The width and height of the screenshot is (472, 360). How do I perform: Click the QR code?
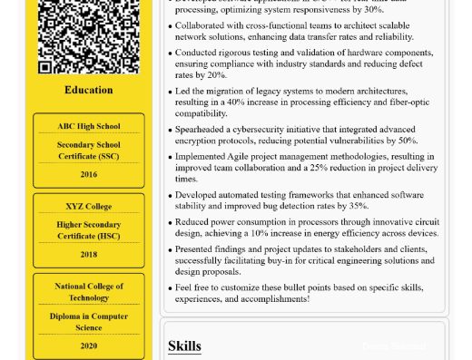(x=88, y=36)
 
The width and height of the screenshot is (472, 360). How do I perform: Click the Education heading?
(x=88, y=90)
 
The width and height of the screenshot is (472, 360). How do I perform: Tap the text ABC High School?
(x=88, y=126)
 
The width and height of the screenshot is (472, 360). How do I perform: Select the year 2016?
(x=88, y=174)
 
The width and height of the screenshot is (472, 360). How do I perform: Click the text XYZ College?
(x=88, y=206)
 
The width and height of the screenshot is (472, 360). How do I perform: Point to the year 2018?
(x=88, y=254)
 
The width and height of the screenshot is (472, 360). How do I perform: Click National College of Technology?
(x=88, y=291)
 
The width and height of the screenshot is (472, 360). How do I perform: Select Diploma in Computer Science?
(x=88, y=321)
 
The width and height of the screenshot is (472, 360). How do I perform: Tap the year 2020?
(x=88, y=345)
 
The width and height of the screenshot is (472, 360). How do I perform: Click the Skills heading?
(x=184, y=345)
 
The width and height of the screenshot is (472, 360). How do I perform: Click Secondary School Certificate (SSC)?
(x=88, y=150)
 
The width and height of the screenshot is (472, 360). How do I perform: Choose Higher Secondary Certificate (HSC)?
(x=88, y=230)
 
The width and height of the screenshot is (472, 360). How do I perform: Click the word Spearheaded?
(x=202, y=130)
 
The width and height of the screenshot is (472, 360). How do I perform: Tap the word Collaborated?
(x=202, y=26)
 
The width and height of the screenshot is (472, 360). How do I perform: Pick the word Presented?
(x=197, y=248)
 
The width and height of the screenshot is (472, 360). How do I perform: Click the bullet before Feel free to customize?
(x=170, y=287)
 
